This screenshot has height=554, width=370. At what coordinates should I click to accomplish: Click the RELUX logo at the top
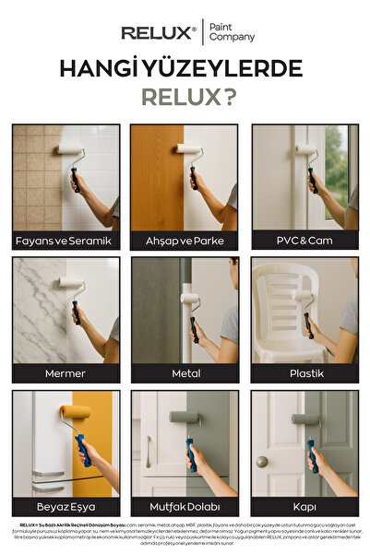(x=158, y=33)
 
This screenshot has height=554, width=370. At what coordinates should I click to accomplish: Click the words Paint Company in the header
(x=232, y=33)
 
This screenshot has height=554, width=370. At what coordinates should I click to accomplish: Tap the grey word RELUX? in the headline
(x=185, y=96)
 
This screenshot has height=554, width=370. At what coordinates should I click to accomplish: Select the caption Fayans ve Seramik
(x=64, y=241)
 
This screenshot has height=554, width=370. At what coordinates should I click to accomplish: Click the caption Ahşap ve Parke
(x=184, y=241)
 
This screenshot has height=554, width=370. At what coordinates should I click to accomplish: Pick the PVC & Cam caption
(x=304, y=241)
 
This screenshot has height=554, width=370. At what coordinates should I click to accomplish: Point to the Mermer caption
(x=64, y=374)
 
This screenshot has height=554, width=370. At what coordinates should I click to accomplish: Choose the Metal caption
(x=184, y=374)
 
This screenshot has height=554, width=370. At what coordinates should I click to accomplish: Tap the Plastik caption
(x=304, y=374)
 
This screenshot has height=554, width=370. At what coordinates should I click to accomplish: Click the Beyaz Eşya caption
(x=64, y=507)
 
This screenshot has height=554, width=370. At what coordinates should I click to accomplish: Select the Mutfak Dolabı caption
(x=184, y=507)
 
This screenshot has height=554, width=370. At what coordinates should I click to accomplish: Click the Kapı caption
(x=304, y=507)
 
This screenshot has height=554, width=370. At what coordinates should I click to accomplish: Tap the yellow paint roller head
(x=75, y=412)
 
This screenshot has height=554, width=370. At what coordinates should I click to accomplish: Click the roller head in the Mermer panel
(x=71, y=283)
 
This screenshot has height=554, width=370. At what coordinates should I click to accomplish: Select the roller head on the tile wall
(x=70, y=150)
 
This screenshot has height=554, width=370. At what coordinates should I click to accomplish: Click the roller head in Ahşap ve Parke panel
(x=189, y=148)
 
